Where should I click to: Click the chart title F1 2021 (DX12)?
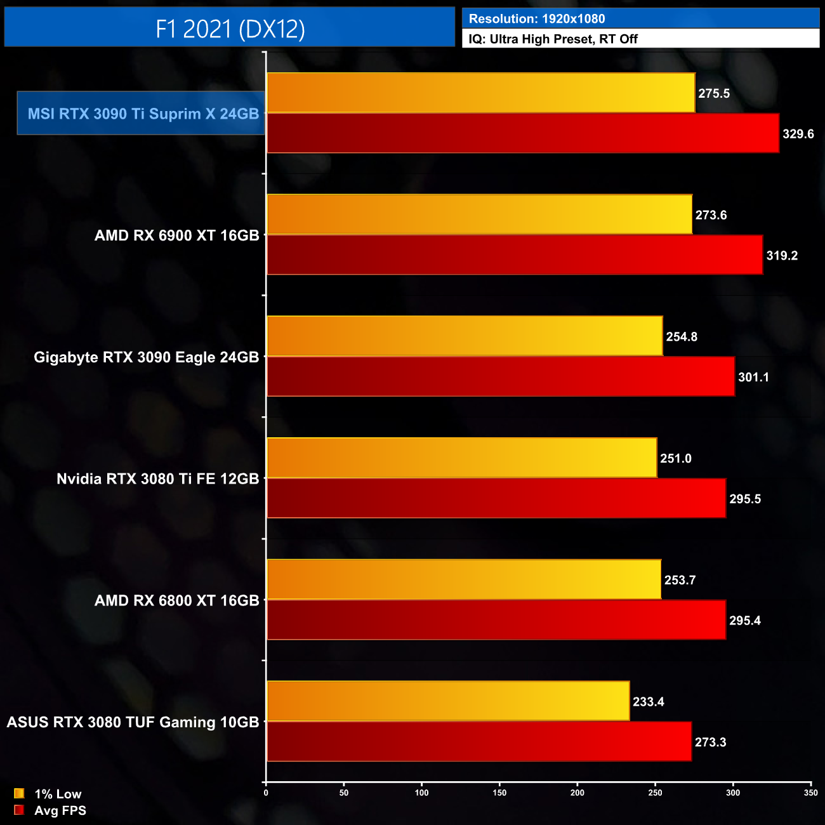(230, 29)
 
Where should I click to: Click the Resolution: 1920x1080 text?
(537, 19)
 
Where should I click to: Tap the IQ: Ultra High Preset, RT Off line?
(553, 39)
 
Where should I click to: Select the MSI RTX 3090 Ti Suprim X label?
(143, 114)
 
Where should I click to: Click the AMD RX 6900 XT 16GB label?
(177, 235)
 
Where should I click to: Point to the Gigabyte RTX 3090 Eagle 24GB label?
(147, 357)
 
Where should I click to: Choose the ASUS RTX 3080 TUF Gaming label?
(133, 722)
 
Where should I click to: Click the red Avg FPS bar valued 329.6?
(523, 133)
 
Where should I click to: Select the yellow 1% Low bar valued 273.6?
(479, 214)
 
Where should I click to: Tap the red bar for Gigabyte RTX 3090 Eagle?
(501, 376)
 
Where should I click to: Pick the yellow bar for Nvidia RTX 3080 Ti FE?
(461, 458)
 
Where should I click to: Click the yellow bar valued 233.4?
(448, 701)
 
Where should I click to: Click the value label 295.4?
(745, 621)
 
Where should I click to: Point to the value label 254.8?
(682, 336)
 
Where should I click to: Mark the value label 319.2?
(782, 256)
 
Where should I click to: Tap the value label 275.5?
(714, 93)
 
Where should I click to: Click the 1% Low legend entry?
(49, 794)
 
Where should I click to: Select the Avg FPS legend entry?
(51, 810)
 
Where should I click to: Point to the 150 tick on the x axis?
(499, 793)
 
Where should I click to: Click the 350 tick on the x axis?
(810, 793)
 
